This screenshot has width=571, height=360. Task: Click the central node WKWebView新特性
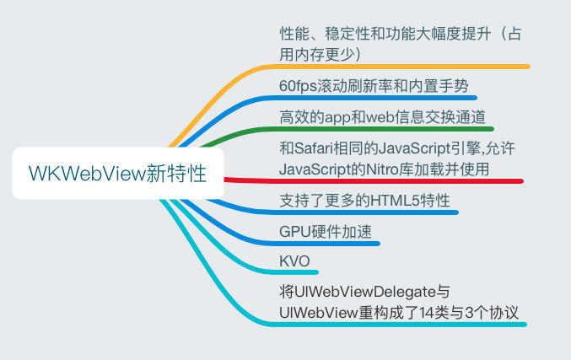pos(118,174)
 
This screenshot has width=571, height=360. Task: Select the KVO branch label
pos(294,260)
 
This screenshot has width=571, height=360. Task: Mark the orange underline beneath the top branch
pos(405,66)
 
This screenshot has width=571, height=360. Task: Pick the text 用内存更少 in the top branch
pos(321,53)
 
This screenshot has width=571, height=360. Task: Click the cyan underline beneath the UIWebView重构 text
pos(396,325)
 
